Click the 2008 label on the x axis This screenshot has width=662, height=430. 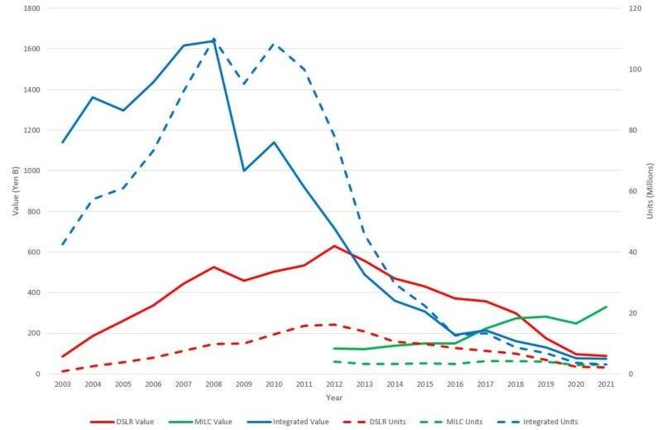(213, 385)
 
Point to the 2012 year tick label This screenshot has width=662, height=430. (333, 385)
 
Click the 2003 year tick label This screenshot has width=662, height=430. (63, 385)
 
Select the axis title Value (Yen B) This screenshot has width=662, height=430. (15, 191)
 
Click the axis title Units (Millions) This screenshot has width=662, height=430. (650, 191)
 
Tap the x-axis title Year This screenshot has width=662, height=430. (333, 398)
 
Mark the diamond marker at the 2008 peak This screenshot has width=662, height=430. (213, 41)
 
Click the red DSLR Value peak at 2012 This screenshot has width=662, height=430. (333, 246)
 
